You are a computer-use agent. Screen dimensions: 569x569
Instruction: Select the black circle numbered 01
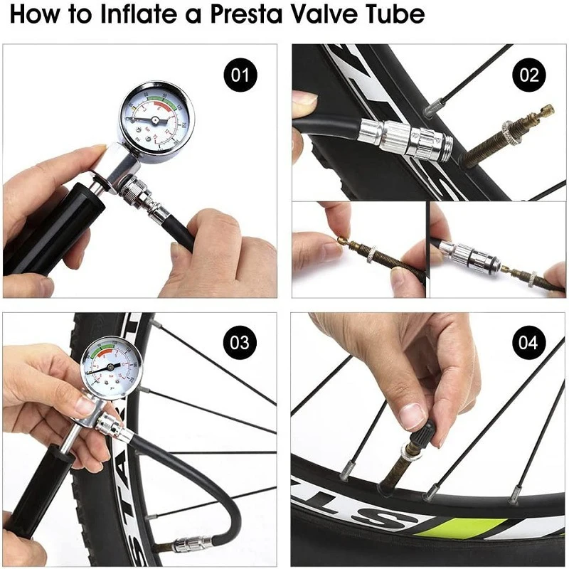[x=240, y=74]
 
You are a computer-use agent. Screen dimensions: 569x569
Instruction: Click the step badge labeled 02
[x=529, y=74]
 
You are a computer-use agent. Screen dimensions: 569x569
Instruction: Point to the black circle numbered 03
[x=240, y=343]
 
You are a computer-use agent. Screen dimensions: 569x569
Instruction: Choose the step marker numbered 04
[x=529, y=343]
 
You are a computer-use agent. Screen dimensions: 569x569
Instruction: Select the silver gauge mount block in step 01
[x=117, y=167]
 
